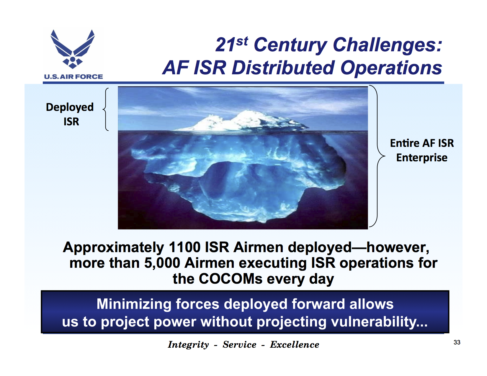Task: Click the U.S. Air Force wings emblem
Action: point(73,49)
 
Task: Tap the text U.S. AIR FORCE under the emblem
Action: point(73,77)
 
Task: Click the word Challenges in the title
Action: point(388,45)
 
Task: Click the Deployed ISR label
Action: point(70,114)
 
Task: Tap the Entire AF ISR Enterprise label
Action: point(422,150)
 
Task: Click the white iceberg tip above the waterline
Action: point(242,121)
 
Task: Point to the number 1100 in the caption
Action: point(185,247)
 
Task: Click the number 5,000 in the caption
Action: point(162,263)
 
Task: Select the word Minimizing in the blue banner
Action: point(134,304)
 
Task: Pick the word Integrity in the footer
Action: point(188,345)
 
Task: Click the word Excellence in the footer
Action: point(295,345)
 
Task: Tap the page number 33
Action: point(457,342)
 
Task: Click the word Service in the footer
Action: point(239,345)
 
